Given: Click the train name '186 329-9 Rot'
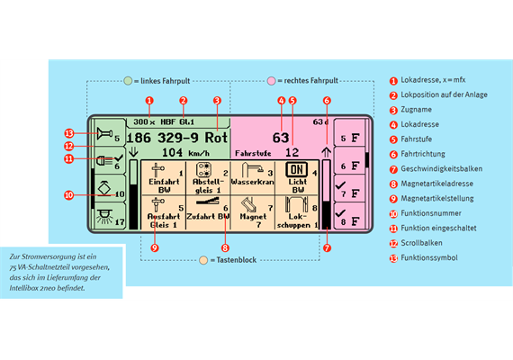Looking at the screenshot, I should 177,138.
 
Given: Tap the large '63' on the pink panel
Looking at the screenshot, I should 281,138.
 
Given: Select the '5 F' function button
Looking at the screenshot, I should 350,138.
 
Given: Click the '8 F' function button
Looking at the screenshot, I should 350,216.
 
